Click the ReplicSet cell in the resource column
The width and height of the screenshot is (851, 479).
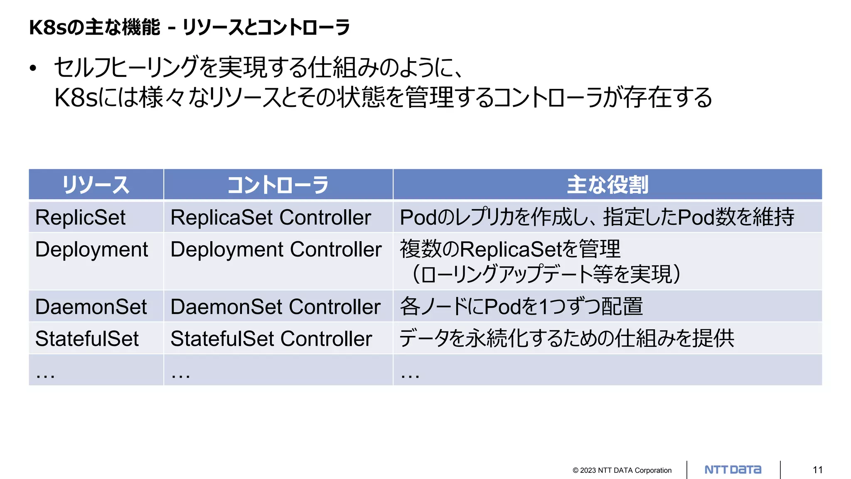pos(80,217)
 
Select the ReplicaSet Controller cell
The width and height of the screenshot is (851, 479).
pos(271,217)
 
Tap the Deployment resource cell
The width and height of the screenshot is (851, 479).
pos(91,249)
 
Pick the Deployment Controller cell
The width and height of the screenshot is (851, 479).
pos(276,249)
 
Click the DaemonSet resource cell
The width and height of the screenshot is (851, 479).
pos(91,307)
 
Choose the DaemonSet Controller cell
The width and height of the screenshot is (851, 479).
pos(275,307)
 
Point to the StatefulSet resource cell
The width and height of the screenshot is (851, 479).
pos(87,338)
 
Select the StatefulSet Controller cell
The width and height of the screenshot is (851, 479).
pos(271,338)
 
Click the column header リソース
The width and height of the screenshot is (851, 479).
pos(96,185)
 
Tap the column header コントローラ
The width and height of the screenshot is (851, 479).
pos(278,185)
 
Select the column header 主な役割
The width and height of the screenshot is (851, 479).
pos(607,185)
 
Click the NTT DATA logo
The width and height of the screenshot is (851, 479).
pos(733,470)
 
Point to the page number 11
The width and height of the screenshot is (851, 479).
pos(818,470)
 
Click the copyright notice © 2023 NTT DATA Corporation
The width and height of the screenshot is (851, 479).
pos(622,470)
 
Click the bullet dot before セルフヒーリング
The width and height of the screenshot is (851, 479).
pos(33,68)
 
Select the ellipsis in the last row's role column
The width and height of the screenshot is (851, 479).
pos(410,375)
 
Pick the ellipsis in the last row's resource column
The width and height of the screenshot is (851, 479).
pos(45,375)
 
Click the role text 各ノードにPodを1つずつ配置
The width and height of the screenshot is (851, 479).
pos(521,307)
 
